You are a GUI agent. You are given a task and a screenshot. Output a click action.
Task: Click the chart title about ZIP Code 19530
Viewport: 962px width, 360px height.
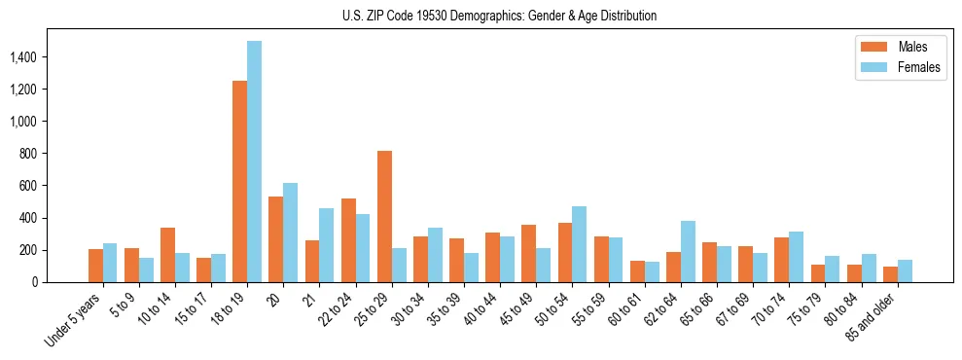499,16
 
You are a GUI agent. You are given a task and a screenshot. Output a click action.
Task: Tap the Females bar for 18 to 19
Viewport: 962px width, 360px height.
254,162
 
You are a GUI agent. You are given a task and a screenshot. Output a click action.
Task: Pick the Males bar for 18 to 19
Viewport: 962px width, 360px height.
239,182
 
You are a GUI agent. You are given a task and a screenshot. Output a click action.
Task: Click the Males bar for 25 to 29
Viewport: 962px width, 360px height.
384,217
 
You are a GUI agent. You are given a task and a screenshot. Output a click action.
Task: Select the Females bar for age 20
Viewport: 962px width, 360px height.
290,233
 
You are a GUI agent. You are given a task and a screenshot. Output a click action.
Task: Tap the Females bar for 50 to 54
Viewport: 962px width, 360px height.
579,244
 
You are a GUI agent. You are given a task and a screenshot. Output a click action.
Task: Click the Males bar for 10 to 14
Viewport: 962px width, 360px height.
167,255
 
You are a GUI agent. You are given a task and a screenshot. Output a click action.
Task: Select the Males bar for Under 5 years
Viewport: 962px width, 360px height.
95,266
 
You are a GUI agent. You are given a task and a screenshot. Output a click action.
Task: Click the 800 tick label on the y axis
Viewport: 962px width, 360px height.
54,154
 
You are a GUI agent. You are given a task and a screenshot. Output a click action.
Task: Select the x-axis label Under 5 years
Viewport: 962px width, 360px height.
75,320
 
